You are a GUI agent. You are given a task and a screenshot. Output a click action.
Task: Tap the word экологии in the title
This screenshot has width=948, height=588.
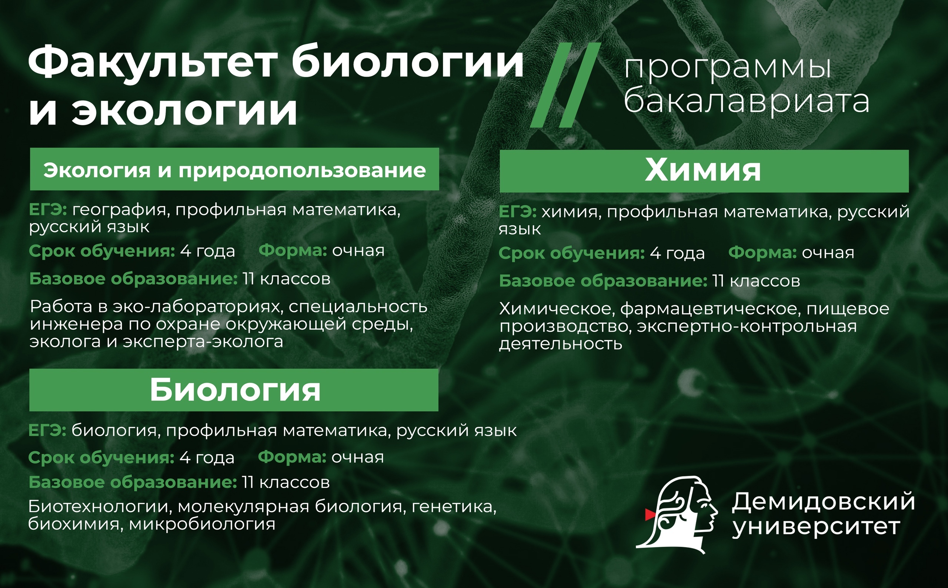[184, 110]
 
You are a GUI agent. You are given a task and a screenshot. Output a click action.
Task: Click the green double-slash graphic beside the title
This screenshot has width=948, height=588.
[565, 85]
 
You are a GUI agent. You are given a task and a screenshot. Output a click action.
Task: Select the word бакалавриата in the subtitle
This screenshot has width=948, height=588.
[746, 102]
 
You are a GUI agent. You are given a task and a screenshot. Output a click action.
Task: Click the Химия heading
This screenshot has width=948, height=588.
[703, 170]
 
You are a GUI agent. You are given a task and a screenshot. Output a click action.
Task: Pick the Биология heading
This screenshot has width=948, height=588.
[235, 391]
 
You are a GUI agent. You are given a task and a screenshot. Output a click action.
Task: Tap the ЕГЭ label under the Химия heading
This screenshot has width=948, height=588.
[517, 212]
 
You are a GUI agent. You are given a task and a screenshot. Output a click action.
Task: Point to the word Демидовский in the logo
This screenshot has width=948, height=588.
[823, 501]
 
